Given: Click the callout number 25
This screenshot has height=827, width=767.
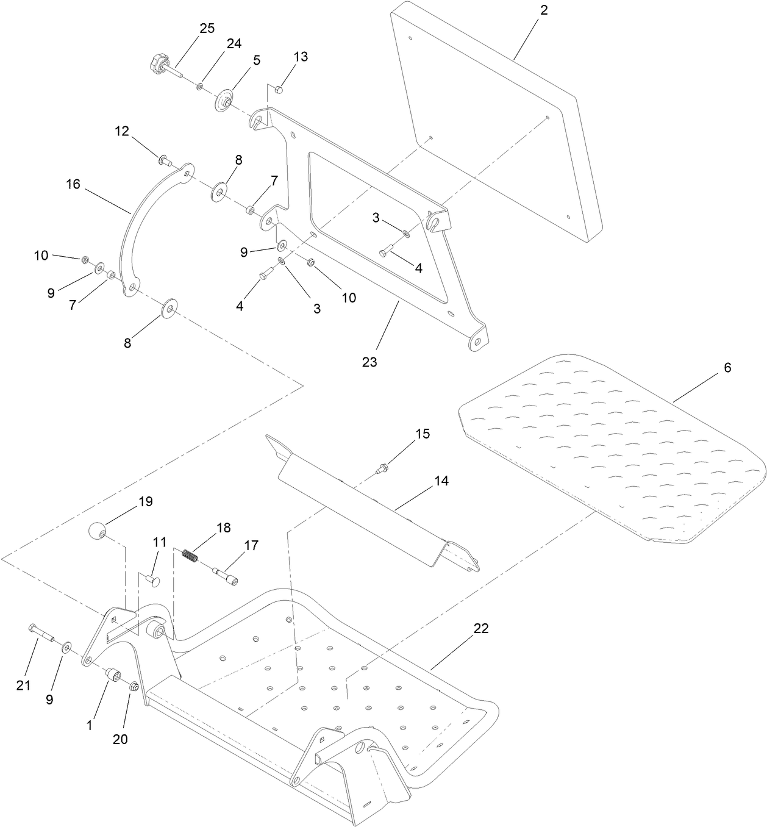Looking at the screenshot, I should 207,29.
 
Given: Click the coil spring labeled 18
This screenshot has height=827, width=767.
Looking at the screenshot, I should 191,557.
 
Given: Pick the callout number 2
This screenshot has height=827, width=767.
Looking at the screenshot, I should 544,10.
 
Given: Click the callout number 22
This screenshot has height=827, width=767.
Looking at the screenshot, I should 481,629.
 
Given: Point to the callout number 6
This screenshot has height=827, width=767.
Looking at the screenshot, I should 727,368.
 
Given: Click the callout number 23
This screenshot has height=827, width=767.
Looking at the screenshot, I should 369,362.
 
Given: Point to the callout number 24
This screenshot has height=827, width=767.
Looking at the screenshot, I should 234,44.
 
